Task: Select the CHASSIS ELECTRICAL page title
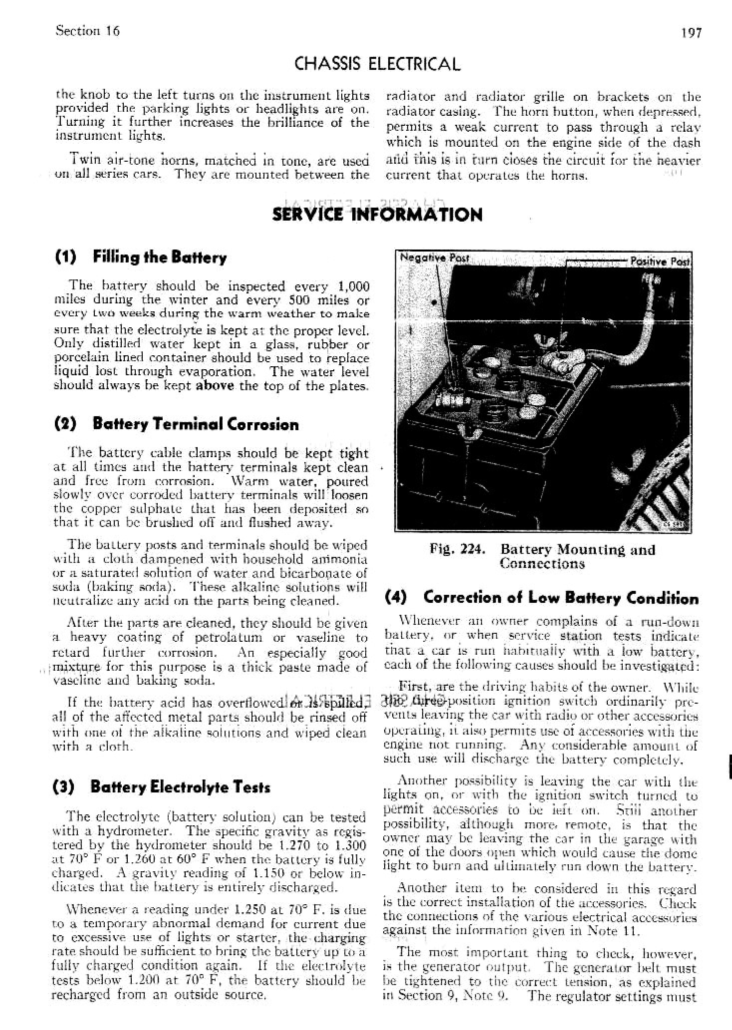377,64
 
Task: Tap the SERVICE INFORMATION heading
377,215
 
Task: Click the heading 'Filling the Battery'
159,257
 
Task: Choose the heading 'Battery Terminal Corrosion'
195,424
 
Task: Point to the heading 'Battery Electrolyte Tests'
180,787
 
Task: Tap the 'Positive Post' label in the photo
660,261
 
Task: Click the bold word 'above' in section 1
215,386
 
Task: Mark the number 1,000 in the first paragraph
353,286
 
